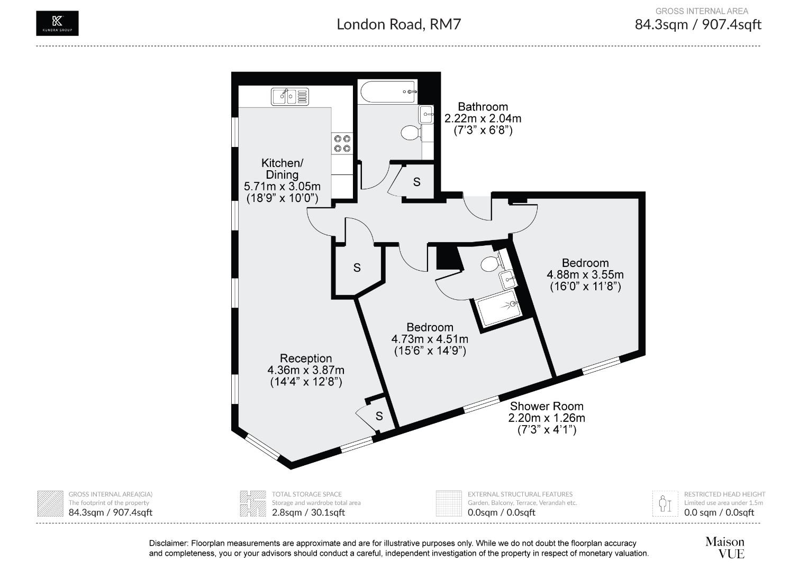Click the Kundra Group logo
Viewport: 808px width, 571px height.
coord(57,23)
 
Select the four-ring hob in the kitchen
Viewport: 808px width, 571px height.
coord(342,144)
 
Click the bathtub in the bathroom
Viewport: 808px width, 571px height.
coord(388,93)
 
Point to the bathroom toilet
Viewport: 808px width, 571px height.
coord(410,132)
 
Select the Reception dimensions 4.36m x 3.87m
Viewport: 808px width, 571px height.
coord(306,370)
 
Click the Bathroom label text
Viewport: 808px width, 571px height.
coord(483,107)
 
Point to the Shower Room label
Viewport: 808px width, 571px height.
coord(547,407)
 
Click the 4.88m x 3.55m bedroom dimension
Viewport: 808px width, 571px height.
coord(585,275)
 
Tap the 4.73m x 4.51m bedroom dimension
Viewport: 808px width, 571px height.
coord(430,339)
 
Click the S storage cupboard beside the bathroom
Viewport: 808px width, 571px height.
coord(417,182)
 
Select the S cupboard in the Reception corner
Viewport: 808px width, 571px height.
coord(379,416)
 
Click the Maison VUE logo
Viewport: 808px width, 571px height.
coord(724,548)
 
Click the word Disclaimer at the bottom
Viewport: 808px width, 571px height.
coord(168,544)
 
